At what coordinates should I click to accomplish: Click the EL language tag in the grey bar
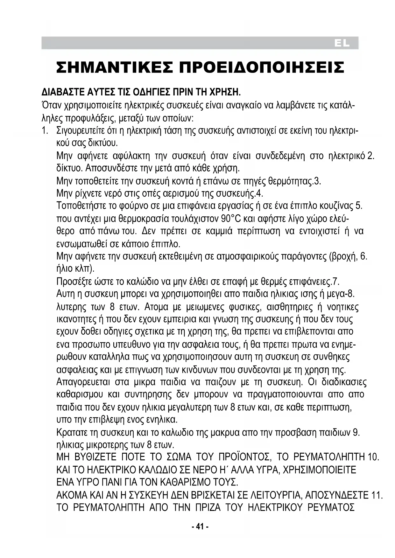pos(342,44)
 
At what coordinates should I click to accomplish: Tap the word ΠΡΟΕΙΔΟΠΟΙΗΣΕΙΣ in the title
pos(262,67)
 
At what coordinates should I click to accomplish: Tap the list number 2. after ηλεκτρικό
pos(370,156)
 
